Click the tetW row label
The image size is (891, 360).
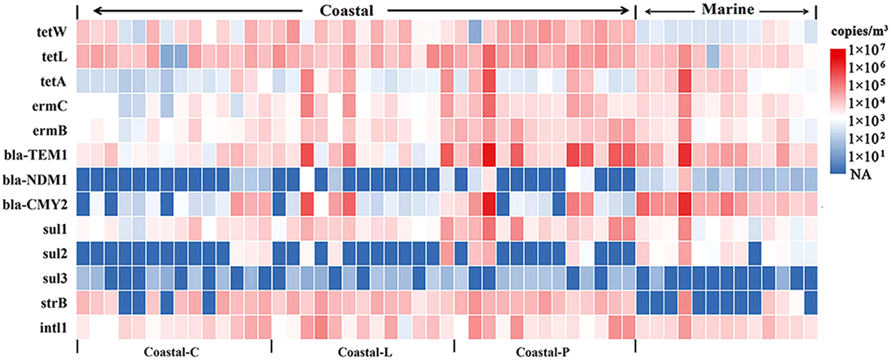pos(52,32)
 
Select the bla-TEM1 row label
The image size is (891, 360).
pos(36,155)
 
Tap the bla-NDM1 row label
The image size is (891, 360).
pos(35,179)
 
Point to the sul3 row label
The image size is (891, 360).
pos(54,279)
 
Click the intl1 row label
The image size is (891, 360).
pos(53,328)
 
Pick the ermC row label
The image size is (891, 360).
pos(49,106)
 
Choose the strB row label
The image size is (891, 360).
pos(53,303)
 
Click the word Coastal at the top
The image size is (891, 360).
pos(346,11)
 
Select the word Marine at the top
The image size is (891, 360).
pos(728,10)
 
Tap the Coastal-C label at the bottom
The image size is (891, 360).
pos(171,352)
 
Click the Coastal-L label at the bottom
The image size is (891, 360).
pos(365,352)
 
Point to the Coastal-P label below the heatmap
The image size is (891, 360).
pos(543,352)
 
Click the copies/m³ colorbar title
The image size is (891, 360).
pos(859,32)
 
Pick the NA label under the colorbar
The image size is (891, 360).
pos(860,174)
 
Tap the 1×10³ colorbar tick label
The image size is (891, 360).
pos(867,121)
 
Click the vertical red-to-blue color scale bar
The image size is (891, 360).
pos(838,111)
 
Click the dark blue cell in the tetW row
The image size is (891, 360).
pos(475,32)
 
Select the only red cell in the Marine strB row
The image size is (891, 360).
pos(684,303)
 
